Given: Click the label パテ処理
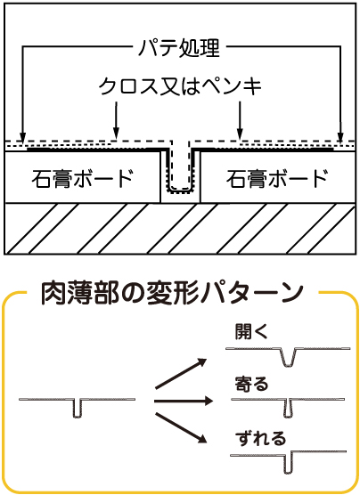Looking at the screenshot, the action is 179,48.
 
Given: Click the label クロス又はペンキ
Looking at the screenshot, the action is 181,86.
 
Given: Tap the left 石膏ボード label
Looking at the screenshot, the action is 83,179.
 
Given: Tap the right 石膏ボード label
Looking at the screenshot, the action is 277,179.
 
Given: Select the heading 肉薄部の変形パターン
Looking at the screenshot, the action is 172,294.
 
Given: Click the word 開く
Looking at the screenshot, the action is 251,332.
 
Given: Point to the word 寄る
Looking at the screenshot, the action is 251,384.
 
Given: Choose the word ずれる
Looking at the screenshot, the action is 260,438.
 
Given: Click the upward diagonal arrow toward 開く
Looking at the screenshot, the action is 181,373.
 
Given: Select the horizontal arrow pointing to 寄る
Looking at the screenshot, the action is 184,402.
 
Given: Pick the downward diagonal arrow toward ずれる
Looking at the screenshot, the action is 181,429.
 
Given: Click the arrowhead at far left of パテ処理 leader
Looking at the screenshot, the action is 22,137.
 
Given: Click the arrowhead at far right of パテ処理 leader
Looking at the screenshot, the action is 340,137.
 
